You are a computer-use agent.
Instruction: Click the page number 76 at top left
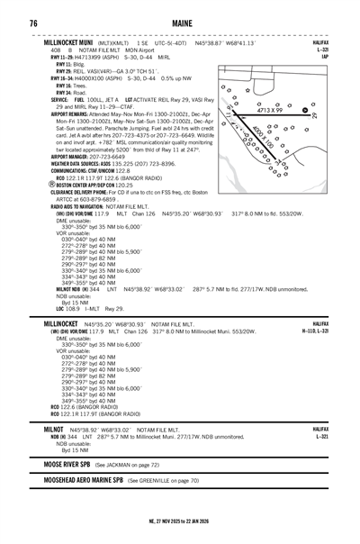(x=32, y=23)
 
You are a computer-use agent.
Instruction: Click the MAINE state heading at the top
(x=180, y=23)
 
